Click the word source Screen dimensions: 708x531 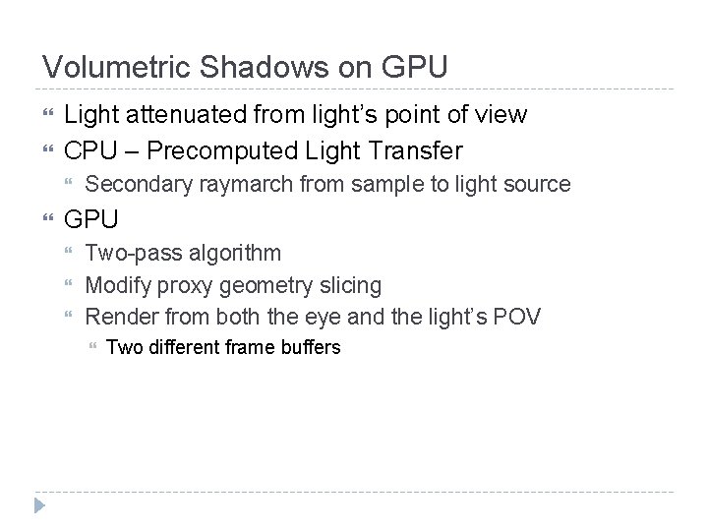tap(538, 183)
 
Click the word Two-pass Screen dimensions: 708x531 tap(125, 253)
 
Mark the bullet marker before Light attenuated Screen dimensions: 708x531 tap(46, 116)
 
